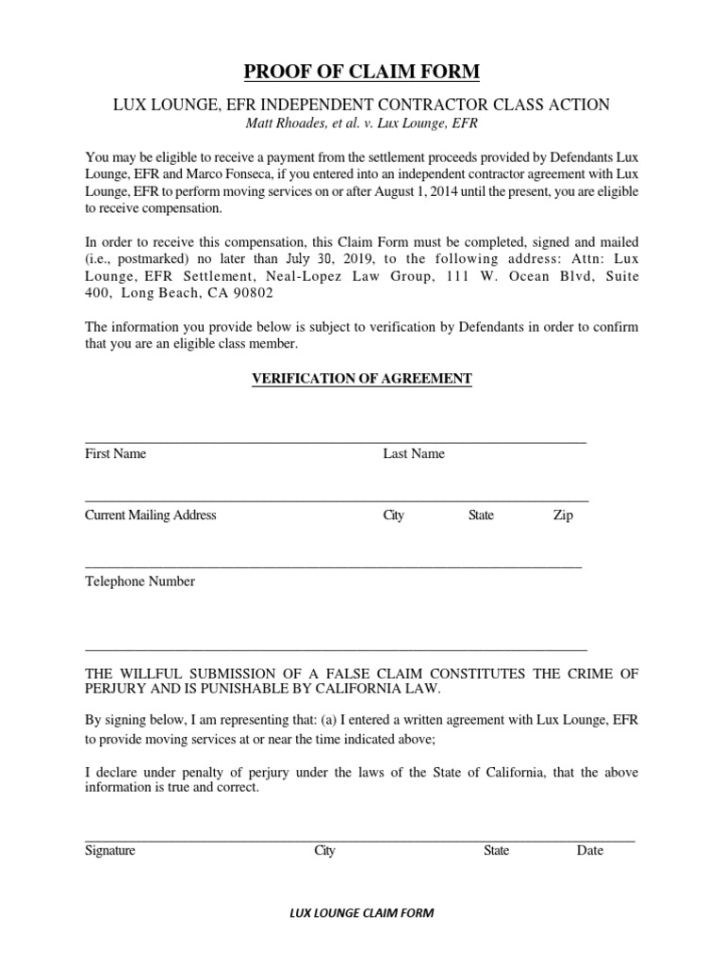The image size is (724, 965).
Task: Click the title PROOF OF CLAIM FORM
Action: [x=362, y=72]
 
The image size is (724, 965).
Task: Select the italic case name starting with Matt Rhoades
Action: [x=361, y=122]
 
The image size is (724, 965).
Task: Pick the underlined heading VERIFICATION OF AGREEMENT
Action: [x=361, y=379]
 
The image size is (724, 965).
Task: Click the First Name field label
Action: [x=116, y=453]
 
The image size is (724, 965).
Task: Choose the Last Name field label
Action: [x=414, y=453]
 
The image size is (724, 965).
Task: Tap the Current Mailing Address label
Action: [x=151, y=515]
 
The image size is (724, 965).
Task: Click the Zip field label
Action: [x=563, y=515]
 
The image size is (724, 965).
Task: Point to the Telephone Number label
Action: [x=140, y=581]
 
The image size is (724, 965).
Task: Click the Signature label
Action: [x=110, y=850]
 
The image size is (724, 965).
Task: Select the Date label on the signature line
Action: [x=590, y=850]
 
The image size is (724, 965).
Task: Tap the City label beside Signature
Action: [x=324, y=850]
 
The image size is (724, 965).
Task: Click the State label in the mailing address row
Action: [x=481, y=515]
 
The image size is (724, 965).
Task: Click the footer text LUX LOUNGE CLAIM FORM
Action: [x=361, y=913]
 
